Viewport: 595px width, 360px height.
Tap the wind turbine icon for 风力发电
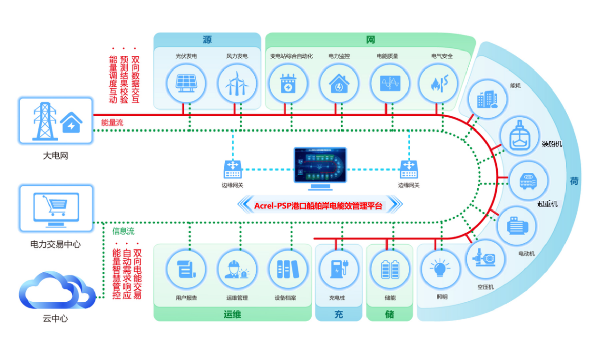pyautogui.click(x=237, y=84)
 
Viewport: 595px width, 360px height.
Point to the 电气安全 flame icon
pyautogui.click(x=437, y=84)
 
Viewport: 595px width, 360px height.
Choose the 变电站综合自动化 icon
pyautogui.click(x=288, y=84)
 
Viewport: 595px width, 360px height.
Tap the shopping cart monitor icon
pyautogui.click(x=56, y=208)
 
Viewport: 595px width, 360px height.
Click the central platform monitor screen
pyautogui.click(x=320, y=165)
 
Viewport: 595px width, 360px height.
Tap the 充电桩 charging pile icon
pyautogui.click(x=338, y=269)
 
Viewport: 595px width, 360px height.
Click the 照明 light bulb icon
pyautogui.click(x=440, y=269)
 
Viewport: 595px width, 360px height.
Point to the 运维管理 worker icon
pyautogui.click(x=236, y=269)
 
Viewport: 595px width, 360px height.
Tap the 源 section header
pyautogui.click(x=207, y=39)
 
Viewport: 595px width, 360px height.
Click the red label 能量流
pyautogui.click(x=112, y=123)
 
